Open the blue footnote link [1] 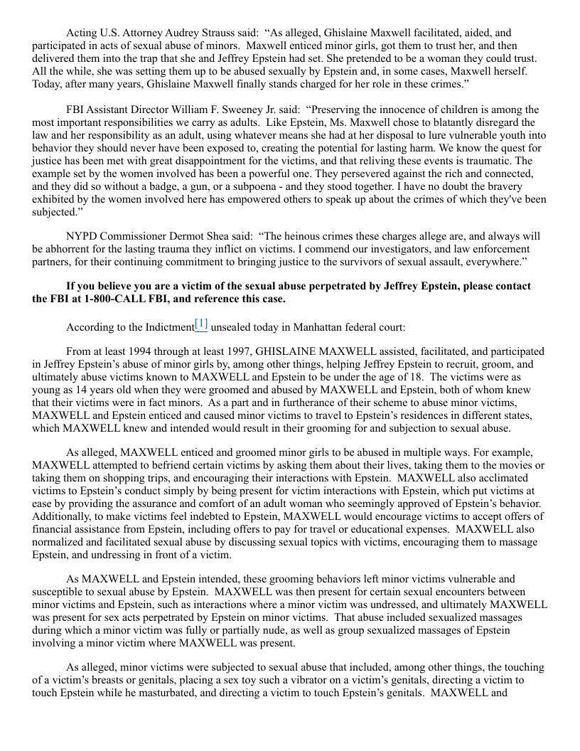[x=201, y=324]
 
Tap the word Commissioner [x=139, y=236]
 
